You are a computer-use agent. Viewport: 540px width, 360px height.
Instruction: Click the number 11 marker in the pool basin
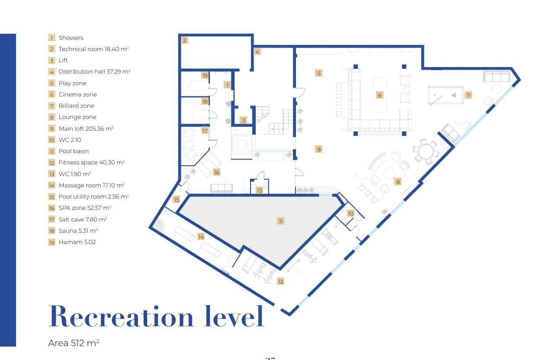pos(280,221)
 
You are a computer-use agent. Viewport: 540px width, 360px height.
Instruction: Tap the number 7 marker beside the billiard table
pos(468,95)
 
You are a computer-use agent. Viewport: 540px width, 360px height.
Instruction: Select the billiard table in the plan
pos(446,95)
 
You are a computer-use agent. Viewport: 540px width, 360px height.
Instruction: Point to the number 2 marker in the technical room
pos(185,41)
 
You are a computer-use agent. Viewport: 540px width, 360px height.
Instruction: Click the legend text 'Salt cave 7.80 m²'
pos(83,219)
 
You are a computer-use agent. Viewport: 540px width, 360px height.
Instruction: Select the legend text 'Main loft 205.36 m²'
pos(86,129)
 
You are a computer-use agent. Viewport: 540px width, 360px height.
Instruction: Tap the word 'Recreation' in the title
pos(121,316)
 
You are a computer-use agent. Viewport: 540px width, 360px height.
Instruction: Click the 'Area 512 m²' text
pos(74,343)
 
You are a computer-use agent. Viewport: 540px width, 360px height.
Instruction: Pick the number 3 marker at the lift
pos(244,120)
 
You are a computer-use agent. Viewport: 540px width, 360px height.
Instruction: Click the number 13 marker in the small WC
pos(259,190)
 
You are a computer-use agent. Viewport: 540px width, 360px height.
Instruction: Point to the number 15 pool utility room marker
pos(177,199)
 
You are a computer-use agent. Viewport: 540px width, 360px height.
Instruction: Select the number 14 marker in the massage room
pos(201,237)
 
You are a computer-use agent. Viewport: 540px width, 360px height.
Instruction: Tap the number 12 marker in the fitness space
pos(281,281)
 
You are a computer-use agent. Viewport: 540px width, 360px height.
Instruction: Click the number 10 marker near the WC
pos(351,213)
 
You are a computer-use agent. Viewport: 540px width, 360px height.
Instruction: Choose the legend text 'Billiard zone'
pos(77,106)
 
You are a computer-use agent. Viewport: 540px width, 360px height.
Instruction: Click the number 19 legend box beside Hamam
pos(51,242)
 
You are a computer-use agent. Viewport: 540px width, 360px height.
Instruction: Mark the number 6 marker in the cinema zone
pos(380,96)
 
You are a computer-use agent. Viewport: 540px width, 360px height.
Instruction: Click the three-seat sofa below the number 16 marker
pos(222,188)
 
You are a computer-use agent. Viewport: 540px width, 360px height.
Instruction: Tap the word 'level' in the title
pos(234,316)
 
